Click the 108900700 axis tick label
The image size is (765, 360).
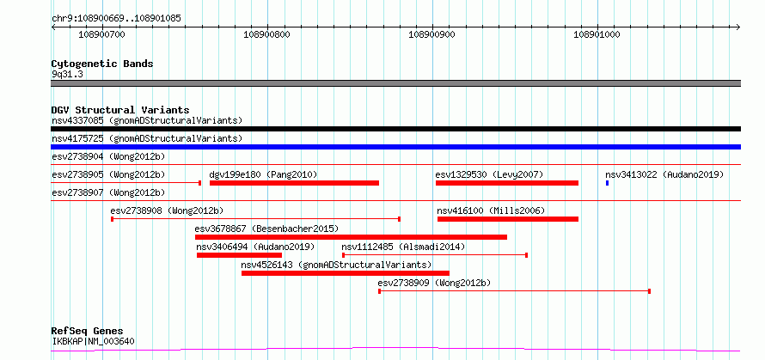point(101,34)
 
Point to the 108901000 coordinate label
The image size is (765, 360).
point(597,34)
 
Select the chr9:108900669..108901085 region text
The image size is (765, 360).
point(117,19)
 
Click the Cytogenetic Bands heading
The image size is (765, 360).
point(102,64)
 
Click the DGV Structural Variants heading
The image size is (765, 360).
point(120,110)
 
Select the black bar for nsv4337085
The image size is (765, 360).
point(395,129)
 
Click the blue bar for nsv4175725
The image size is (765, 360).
point(395,147)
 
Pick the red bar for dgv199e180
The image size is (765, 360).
point(294,183)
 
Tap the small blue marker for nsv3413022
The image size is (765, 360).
point(607,183)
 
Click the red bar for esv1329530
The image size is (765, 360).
point(507,183)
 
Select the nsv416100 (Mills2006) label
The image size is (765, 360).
point(491,211)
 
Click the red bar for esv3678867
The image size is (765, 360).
point(351,237)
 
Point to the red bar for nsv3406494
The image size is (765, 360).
point(239,255)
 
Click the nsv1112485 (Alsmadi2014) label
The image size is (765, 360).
point(403,247)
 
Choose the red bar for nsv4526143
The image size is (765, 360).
point(346,273)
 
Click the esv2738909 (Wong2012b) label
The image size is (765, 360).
point(434,283)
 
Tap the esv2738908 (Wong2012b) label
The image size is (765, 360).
point(167,211)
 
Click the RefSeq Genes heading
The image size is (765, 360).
point(88,332)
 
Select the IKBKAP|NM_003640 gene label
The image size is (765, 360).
point(93,341)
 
